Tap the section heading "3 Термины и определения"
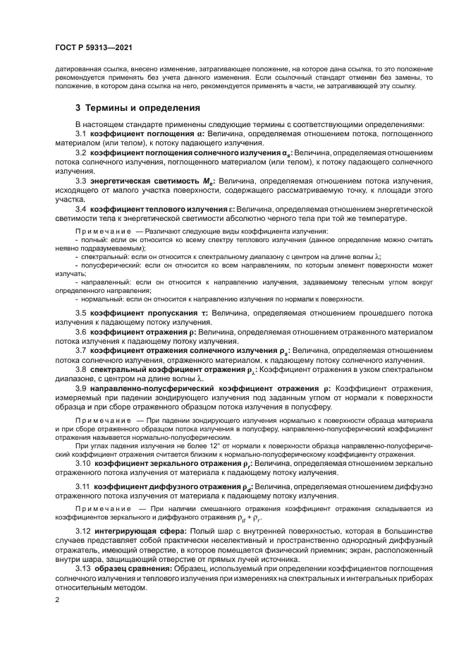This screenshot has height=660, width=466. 138,108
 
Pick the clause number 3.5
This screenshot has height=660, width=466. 80,312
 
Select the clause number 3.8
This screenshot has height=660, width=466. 80,369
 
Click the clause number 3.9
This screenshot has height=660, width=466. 80,388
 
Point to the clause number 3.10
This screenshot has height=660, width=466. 83,464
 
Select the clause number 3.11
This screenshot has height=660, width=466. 83,488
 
